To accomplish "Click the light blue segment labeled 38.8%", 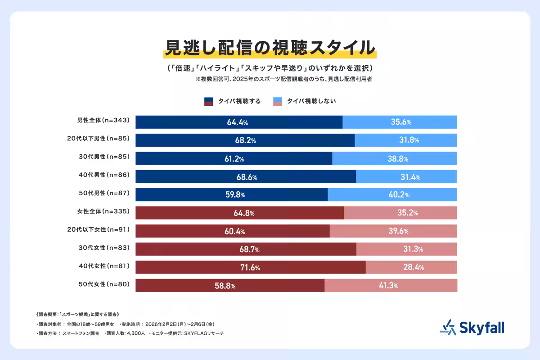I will click(395, 158).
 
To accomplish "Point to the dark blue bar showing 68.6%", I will click(245, 177).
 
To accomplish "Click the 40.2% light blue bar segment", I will click(392, 195).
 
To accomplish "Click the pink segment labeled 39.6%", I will click(393, 231).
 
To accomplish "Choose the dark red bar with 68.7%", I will click(246, 249).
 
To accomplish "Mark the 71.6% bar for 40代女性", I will click(250, 267).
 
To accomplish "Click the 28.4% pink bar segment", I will click(411, 267).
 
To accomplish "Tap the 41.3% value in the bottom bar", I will click(391, 286).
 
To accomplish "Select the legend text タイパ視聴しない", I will click(311, 101).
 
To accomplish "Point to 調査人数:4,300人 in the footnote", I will click(125, 333).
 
